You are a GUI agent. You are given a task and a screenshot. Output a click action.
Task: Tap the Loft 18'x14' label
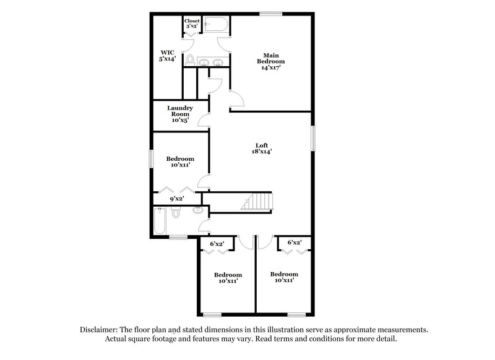pos(261,148)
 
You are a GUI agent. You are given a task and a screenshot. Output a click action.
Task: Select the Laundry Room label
pos(180,111)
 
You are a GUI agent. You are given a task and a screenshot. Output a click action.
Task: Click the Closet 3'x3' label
pos(192,24)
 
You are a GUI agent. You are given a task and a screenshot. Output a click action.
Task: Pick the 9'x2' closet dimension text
pos(178,199)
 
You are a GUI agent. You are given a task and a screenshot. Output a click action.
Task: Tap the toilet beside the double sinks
pos(191,60)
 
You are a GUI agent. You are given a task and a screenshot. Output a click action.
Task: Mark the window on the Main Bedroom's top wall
pos(269,14)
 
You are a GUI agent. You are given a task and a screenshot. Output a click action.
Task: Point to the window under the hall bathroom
pos(178,237)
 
